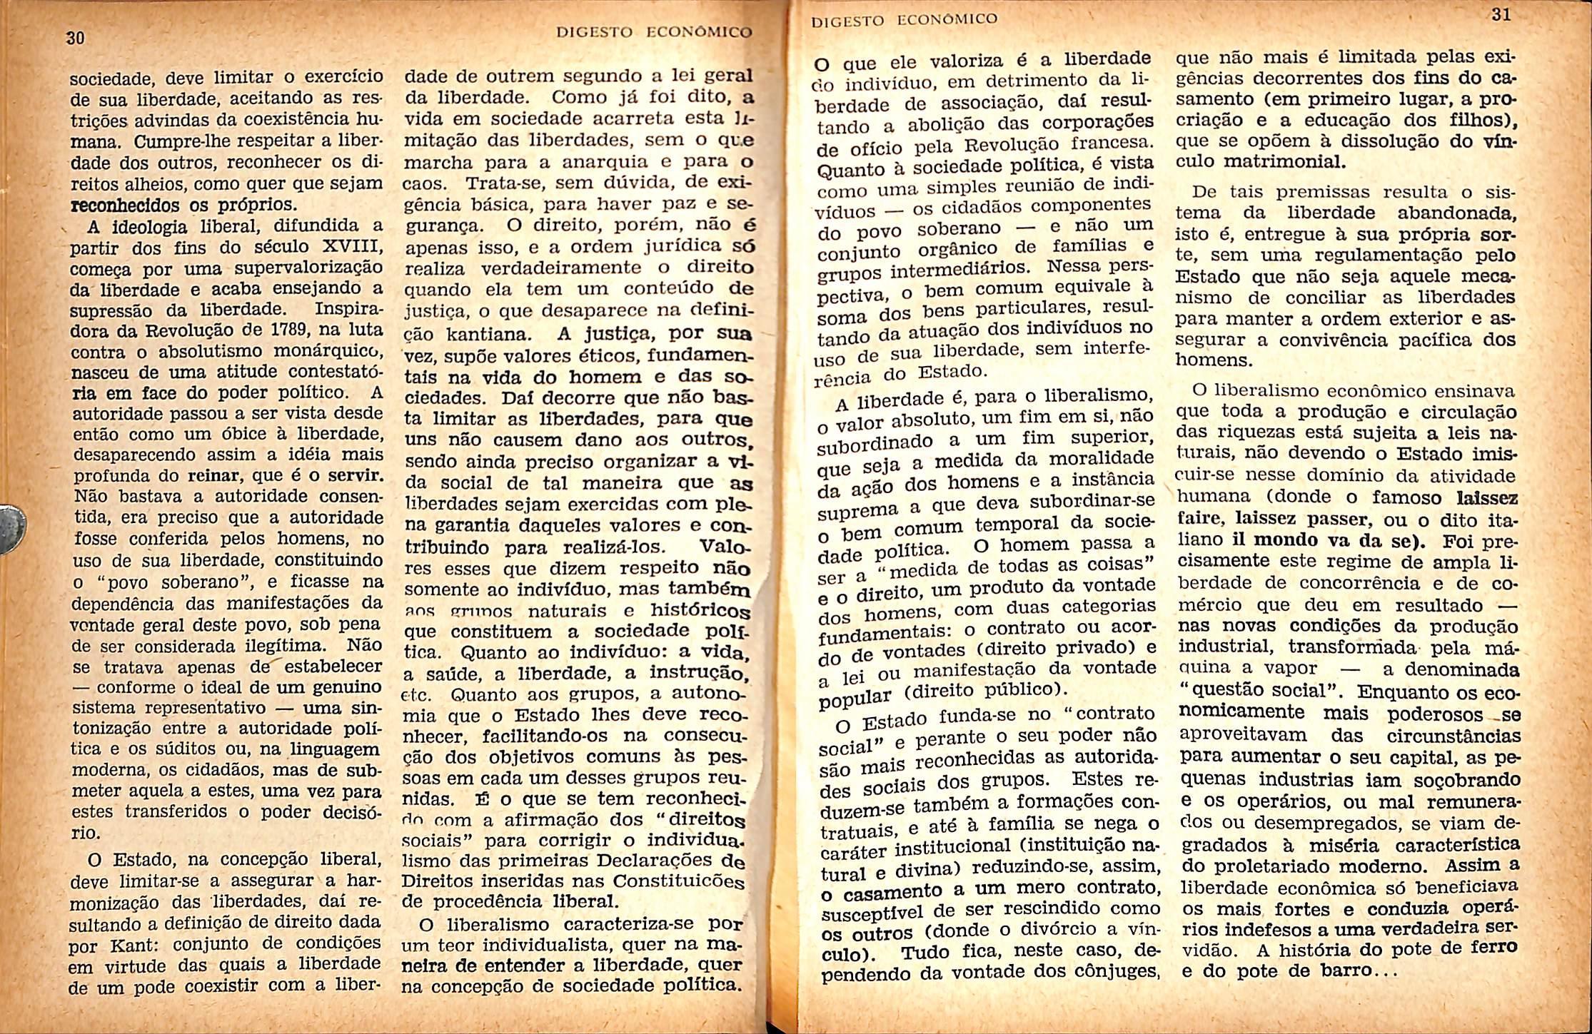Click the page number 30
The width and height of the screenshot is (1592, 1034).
75,37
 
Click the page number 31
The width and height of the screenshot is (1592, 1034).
1501,15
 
